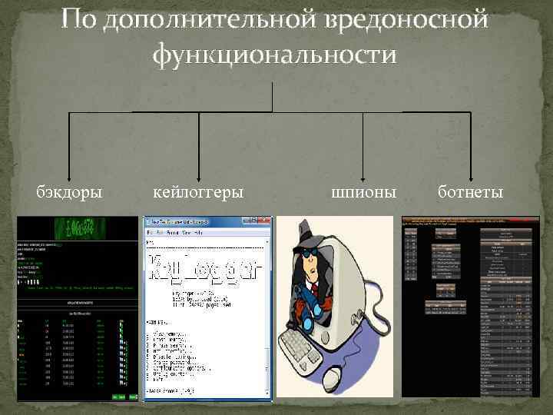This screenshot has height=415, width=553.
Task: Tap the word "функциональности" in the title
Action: point(275,55)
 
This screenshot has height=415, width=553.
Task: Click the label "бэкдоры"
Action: point(70,191)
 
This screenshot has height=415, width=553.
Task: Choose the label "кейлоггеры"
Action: point(198,191)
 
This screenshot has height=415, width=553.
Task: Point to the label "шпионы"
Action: point(364,191)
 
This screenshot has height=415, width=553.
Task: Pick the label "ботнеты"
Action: point(471,191)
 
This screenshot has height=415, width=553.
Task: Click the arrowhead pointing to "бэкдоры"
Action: point(70,174)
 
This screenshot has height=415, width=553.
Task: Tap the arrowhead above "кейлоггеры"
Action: point(199,174)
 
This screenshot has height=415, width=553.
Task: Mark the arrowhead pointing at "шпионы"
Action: point(364,174)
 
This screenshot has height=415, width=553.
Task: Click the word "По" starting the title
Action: point(77,18)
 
